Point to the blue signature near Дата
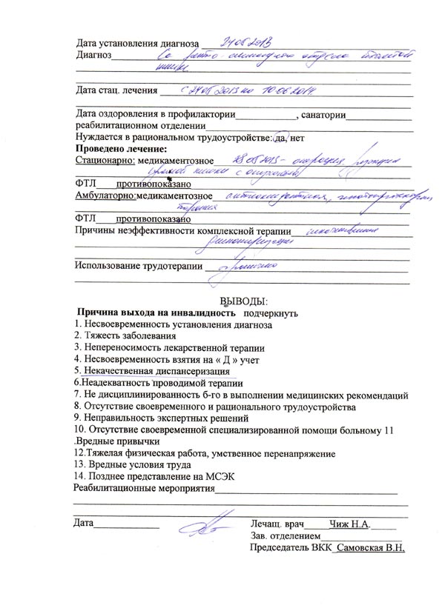click(200, 527)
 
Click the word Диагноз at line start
click(93, 54)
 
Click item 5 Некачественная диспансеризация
click(152, 370)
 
